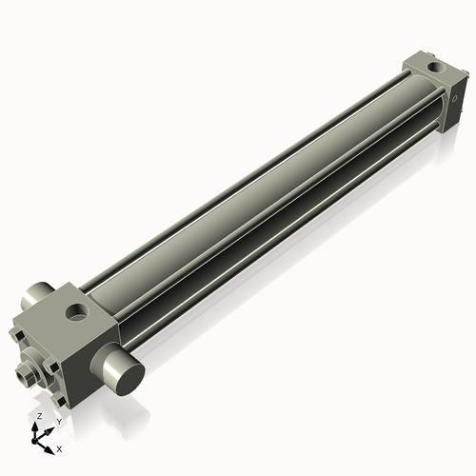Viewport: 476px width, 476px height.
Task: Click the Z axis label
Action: point(38,417)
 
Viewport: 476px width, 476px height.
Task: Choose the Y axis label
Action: point(58,421)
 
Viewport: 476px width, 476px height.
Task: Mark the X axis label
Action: point(59,447)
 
